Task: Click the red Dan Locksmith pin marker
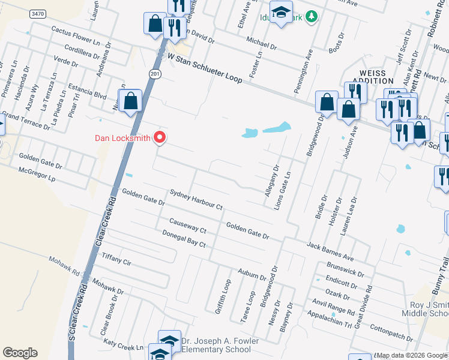160,138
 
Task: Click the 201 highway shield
155,72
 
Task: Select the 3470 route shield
37,14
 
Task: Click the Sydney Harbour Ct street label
196,200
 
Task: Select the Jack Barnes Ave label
330,251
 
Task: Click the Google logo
20,353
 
